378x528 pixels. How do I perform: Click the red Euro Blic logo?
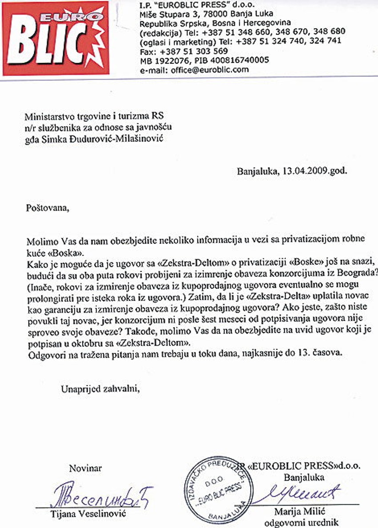point(56,38)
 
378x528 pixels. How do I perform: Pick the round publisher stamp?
point(216,488)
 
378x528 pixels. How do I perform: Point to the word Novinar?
point(85,468)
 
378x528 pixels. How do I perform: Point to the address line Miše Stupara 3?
point(166,14)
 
